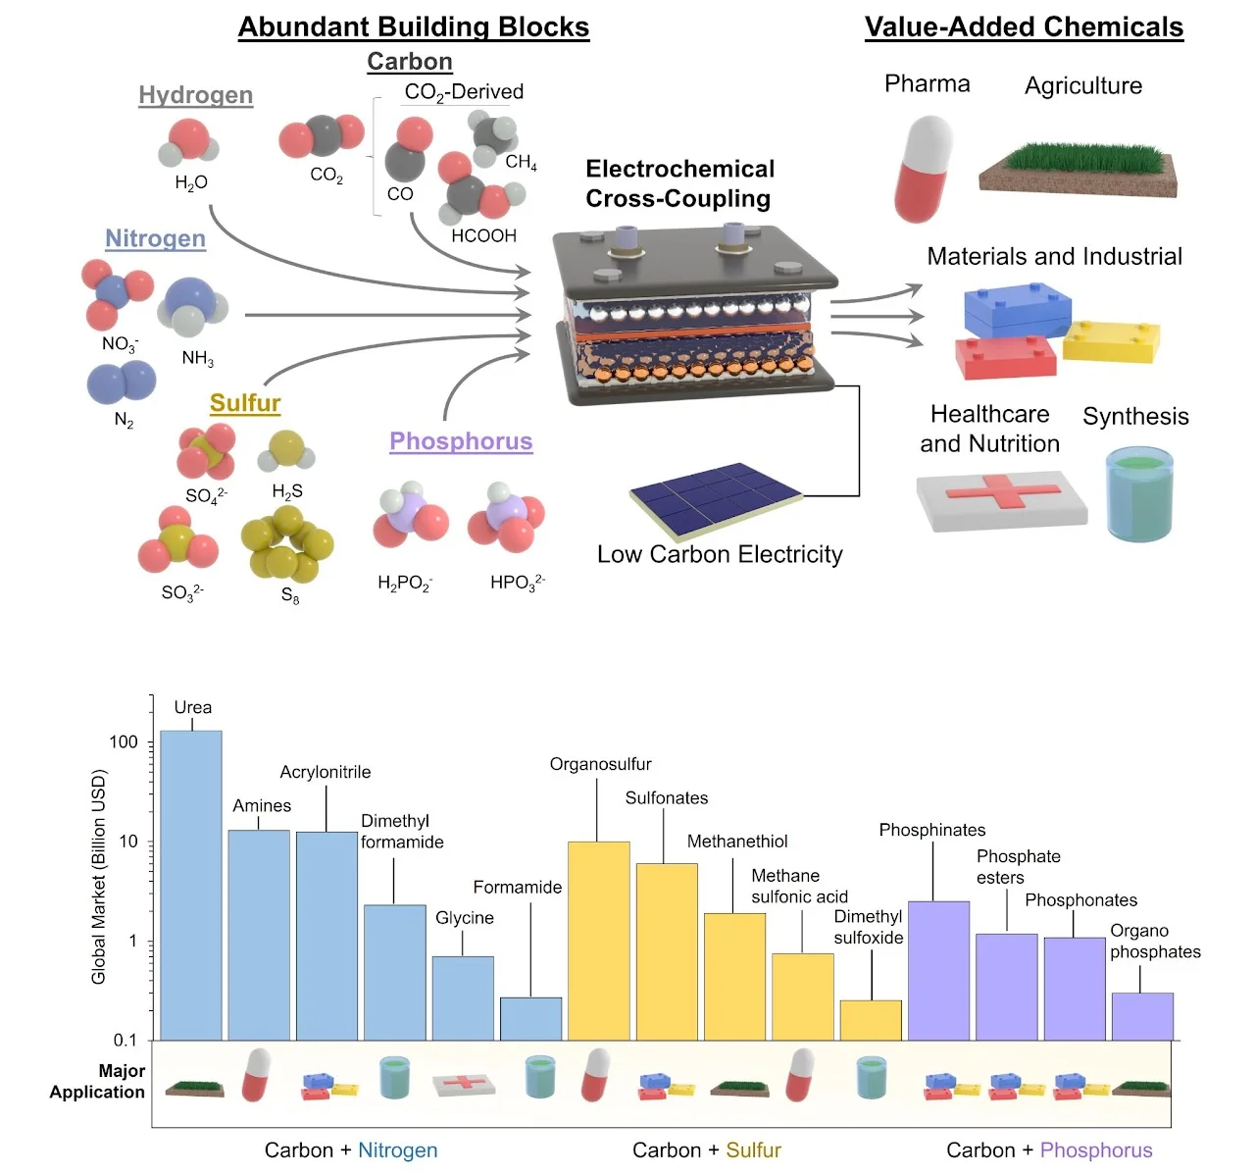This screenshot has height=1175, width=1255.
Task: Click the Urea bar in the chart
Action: click(x=191, y=883)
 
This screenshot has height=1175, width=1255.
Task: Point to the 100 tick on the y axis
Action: click(x=125, y=742)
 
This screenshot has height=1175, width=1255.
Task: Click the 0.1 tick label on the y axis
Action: click(x=125, y=1040)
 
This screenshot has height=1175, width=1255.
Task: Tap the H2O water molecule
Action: click(x=189, y=143)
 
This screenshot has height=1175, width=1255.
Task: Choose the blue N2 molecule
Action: click(x=122, y=383)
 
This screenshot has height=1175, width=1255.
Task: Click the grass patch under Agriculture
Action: click(x=1079, y=170)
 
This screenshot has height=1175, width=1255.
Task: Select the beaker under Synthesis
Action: click(x=1138, y=495)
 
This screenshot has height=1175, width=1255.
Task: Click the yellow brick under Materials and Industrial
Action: click(x=1111, y=340)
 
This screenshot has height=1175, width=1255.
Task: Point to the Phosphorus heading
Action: click(x=461, y=441)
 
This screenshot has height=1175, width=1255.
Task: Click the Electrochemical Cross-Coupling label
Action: click(x=679, y=183)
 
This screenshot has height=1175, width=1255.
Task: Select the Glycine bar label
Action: click(x=465, y=918)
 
